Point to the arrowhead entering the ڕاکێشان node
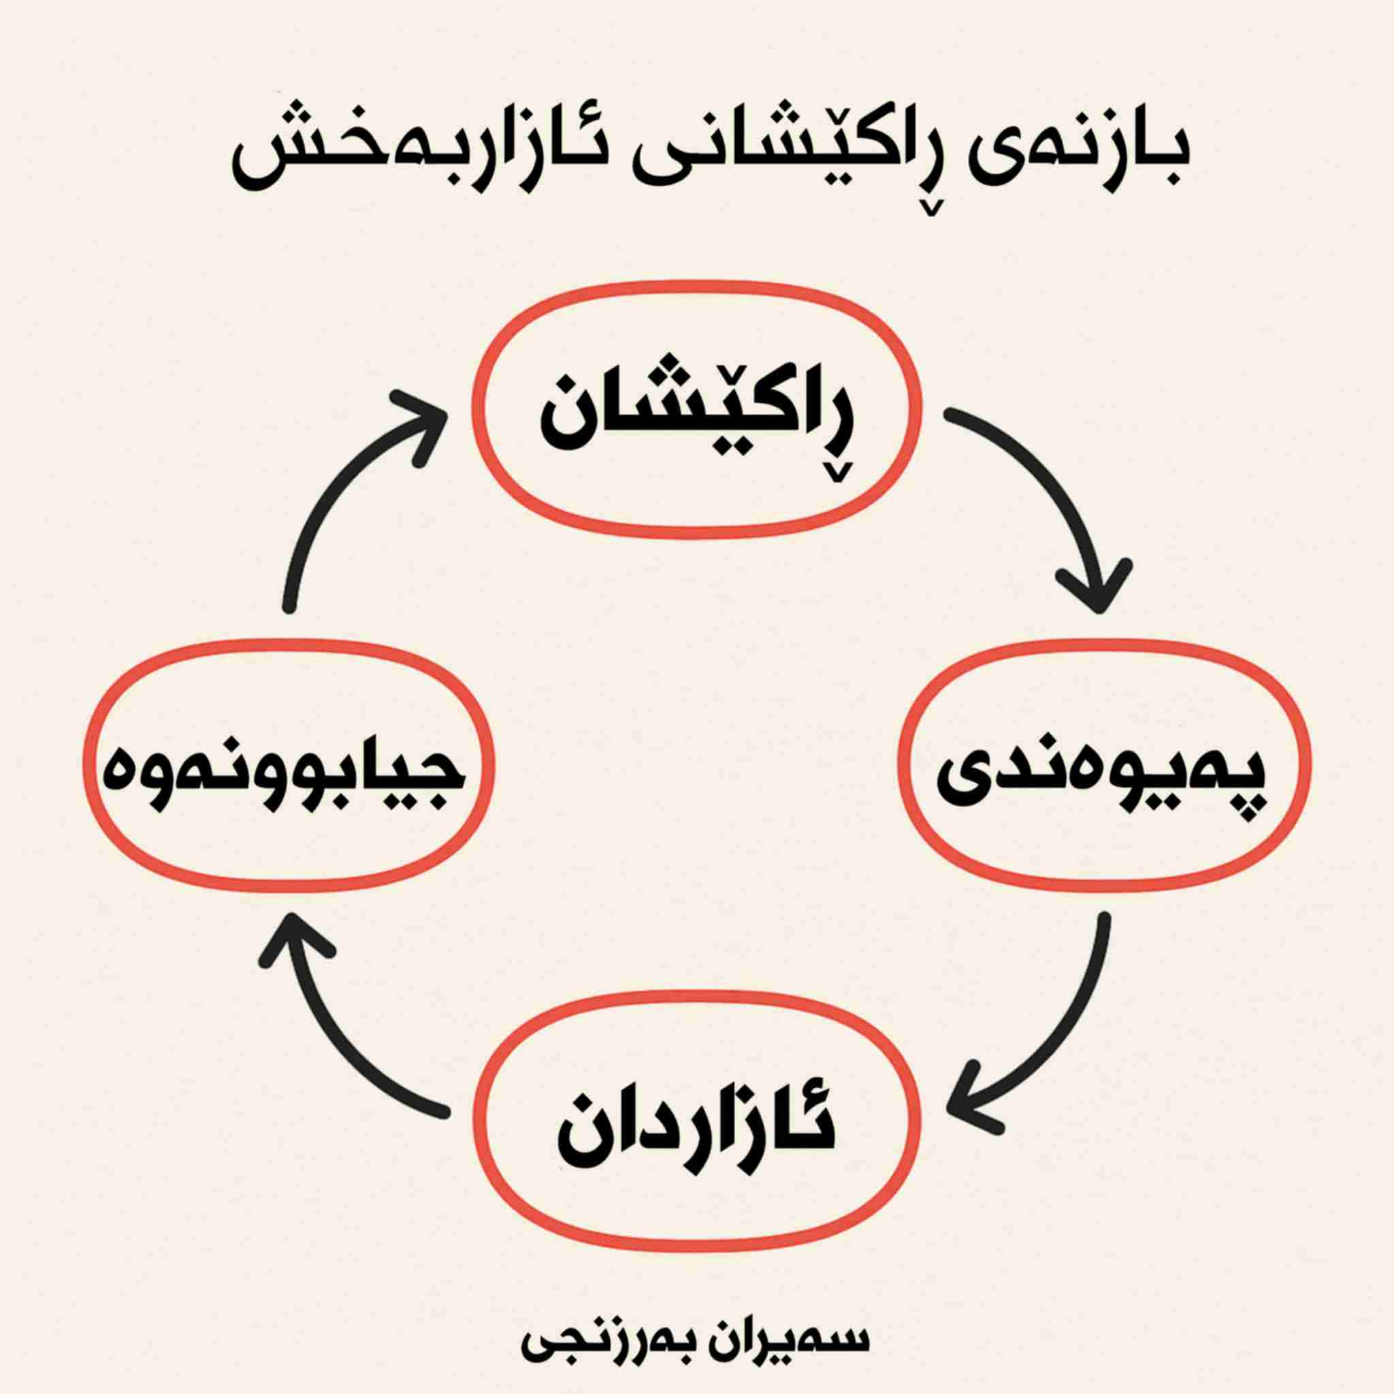pyautogui.click(x=425, y=419)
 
